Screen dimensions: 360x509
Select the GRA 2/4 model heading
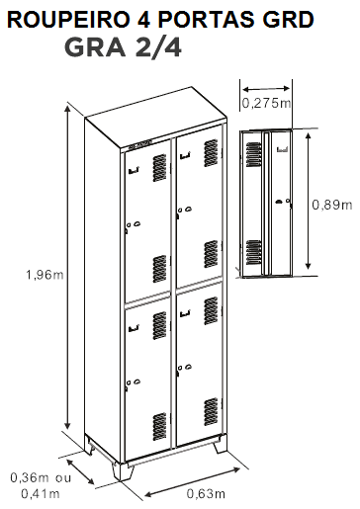coord(123,47)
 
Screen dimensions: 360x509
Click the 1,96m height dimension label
coord(45,275)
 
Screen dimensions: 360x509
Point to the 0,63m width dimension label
coord(206,493)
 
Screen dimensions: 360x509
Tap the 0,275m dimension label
coord(266,103)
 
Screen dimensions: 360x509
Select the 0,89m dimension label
coord(332,205)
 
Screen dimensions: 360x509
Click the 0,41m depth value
coord(40,493)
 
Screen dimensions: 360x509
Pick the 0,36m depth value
coord(30,477)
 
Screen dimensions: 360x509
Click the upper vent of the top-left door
coord(159,167)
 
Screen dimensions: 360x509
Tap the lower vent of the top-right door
coord(211,254)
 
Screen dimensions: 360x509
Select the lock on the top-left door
coord(134,225)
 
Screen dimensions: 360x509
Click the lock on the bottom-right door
coord(184,368)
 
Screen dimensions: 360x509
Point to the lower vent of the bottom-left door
coord(159,427)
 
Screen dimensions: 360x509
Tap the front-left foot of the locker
coord(123,471)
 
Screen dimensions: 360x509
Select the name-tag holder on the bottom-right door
coord(185,312)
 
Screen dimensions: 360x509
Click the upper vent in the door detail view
coord(253,154)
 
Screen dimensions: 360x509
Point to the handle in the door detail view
coord(279,202)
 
